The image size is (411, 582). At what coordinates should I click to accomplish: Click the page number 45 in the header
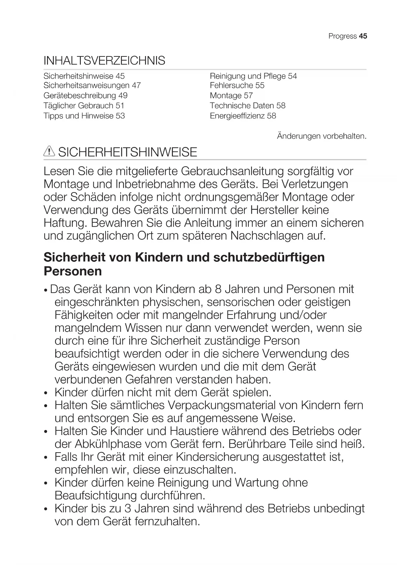(x=363, y=36)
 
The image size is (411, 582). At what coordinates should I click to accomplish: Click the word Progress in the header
(x=342, y=36)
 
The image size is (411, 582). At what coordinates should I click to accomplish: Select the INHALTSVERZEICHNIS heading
(x=104, y=61)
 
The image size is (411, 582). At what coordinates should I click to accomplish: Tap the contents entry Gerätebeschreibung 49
(x=85, y=96)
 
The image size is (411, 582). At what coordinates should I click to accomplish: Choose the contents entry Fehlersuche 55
(x=237, y=85)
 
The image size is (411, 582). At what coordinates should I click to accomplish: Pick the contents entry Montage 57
(x=231, y=96)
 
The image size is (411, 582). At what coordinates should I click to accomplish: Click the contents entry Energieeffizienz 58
(x=243, y=116)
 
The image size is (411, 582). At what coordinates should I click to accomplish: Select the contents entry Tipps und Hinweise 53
(x=84, y=116)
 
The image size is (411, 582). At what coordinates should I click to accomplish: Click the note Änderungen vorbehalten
(x=322, y=136)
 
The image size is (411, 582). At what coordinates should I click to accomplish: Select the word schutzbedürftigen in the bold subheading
(x=269, y=257)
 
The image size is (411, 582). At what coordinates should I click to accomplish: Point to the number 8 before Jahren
(x=218, y=289)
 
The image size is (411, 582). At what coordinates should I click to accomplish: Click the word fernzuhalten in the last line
(x=167, y=521)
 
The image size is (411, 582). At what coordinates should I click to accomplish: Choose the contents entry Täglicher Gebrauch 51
(x=84, y=106)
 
